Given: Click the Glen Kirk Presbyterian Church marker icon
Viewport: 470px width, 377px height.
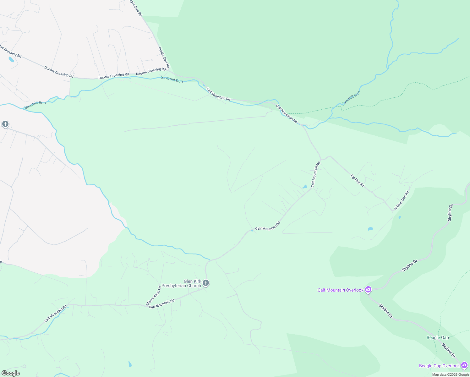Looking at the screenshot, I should [206, 283].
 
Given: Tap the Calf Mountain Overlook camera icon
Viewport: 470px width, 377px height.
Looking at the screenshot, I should [368, 289].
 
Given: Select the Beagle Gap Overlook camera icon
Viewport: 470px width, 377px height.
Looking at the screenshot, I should [464, 365].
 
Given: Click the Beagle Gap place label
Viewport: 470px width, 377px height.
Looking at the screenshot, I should [438, 337].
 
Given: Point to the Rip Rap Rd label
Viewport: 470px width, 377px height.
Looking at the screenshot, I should [357, 181].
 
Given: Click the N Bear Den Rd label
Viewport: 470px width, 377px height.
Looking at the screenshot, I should [402, 200].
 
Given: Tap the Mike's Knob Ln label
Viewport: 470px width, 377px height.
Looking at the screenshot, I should [153, 296].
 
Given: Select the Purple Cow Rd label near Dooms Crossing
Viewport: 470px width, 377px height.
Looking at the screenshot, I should [164, 57].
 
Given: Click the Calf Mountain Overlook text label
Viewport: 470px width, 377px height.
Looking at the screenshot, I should [340, 290].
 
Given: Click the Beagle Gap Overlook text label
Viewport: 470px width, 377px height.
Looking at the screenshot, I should [439, 366].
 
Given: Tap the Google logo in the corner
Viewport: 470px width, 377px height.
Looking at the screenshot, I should [10, 373].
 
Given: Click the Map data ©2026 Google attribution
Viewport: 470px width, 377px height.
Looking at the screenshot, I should [451, 374].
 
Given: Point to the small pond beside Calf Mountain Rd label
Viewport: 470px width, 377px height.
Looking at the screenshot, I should [304, 187].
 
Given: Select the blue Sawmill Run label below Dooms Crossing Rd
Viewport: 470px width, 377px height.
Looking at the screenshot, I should [172, 79].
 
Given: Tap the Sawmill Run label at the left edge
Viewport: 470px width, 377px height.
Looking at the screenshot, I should [35, 105].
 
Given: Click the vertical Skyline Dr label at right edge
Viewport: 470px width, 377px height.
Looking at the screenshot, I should [450, 213].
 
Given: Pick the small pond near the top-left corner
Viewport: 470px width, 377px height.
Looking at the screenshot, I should [11, 59].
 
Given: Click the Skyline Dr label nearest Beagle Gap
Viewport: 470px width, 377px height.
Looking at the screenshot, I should [448, 350].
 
